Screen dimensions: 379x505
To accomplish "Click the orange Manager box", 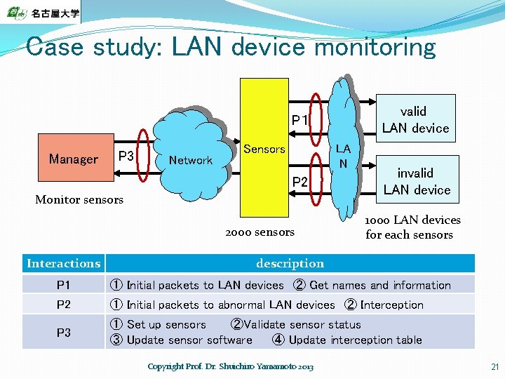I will pos(74,159).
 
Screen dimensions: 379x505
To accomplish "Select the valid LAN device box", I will pos(415,118).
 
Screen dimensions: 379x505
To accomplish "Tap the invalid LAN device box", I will pos(417,180).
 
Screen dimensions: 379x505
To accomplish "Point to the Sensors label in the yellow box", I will pos(264,149).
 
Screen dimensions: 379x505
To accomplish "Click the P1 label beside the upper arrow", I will pos(300,120).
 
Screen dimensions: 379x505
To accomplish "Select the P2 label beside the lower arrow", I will pos(300,182).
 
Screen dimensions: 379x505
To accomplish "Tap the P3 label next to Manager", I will pos(126,155).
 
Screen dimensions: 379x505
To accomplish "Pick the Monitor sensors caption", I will pos(79,199).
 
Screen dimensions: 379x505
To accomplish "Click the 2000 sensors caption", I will pos(260,232).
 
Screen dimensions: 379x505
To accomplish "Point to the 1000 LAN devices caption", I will pos(412,227).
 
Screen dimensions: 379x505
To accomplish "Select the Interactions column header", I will pos(63,263).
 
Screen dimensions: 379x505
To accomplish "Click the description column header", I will pos(290,263).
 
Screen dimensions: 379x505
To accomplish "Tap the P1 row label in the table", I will pos(63,285).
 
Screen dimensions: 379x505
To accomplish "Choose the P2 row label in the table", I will pos(63,305).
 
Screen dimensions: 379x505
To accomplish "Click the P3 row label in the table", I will pos(63,332).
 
